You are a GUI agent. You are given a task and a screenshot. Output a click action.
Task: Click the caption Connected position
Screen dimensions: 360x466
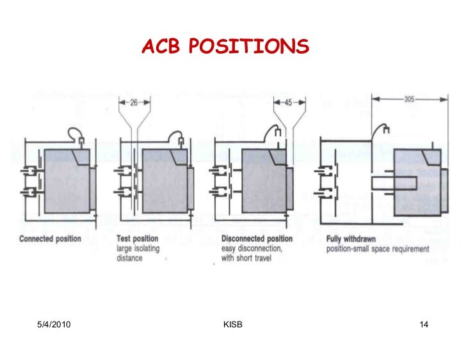point(51,239)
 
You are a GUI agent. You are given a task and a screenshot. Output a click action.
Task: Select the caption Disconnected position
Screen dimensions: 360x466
point(257,239)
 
